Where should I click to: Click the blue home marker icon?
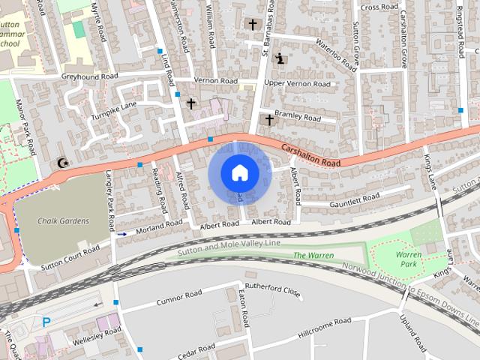[x=239, y=172]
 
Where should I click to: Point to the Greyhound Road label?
[x=89, y=76]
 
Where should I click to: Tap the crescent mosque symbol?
[x=61, y=163]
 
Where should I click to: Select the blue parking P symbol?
[x=46, y=322]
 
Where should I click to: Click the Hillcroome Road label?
[x=324, y=325]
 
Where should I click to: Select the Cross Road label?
[x=379, y=7]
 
